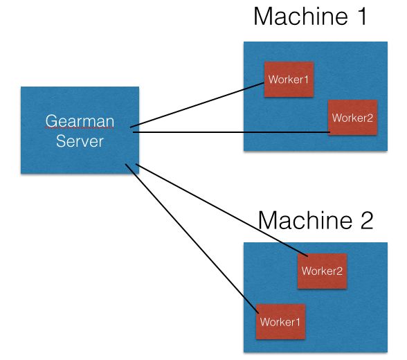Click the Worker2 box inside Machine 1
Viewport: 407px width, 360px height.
tap(352, 117)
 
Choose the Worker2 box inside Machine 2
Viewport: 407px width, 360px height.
tap(322, 271)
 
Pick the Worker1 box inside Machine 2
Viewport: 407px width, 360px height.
tap(280, 322)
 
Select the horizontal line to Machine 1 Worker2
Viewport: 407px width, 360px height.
tap(228, 132)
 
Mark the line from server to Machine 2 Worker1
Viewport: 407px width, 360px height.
tap(187, 235)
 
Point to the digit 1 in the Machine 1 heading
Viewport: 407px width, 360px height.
tap(361, 17)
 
